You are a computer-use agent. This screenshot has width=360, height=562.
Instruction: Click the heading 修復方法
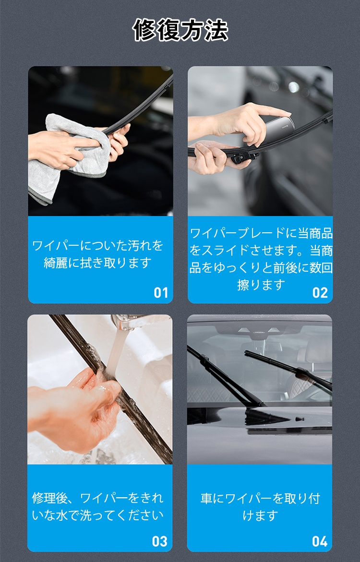point(180,30)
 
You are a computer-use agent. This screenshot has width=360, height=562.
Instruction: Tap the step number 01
point(161,293)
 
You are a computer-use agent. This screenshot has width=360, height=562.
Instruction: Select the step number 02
point(320,293)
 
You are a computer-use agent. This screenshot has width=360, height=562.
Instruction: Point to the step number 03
point(159,541)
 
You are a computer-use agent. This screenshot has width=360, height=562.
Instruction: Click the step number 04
point(320,541)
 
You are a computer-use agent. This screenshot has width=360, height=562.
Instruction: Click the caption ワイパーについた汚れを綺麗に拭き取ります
point(97,254)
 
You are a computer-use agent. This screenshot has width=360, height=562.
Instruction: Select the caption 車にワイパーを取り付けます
point(260,507)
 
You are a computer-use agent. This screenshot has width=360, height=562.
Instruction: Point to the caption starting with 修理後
point(97,506)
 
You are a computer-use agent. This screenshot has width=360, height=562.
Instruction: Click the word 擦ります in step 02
point(261,285)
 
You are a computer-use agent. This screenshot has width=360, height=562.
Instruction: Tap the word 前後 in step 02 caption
point(275,268)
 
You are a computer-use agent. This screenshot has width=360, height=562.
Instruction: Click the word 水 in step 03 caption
point(67,515)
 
